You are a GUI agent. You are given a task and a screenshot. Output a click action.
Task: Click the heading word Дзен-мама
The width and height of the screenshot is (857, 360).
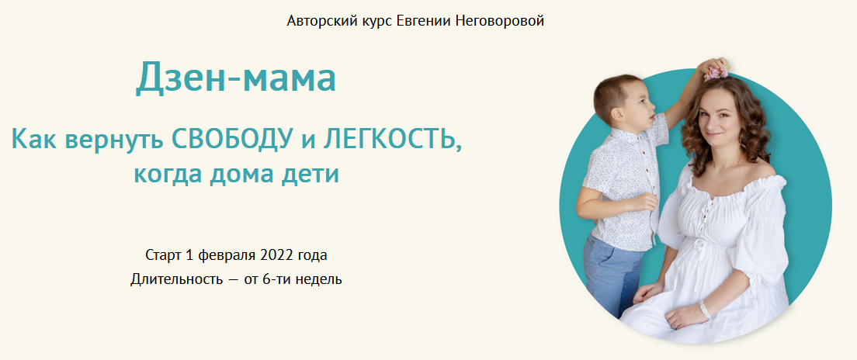pyautogui.click(x=235, y=77)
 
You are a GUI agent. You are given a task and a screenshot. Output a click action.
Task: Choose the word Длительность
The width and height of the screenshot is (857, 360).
pyautogui.click(x=176, y=279)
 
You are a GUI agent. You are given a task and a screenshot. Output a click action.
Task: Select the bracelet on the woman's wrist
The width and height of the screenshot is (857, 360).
pyautogui.click(x=705, y=310)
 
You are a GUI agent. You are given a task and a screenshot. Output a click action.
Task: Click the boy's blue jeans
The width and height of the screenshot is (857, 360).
pyautogui.click(x=612, y=274)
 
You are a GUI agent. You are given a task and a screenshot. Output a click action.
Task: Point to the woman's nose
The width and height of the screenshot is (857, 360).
pyautogui.click(x=710, y=121)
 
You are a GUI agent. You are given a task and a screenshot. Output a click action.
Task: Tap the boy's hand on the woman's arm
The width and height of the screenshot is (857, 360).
pyautogui.click(x=646, y=202)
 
